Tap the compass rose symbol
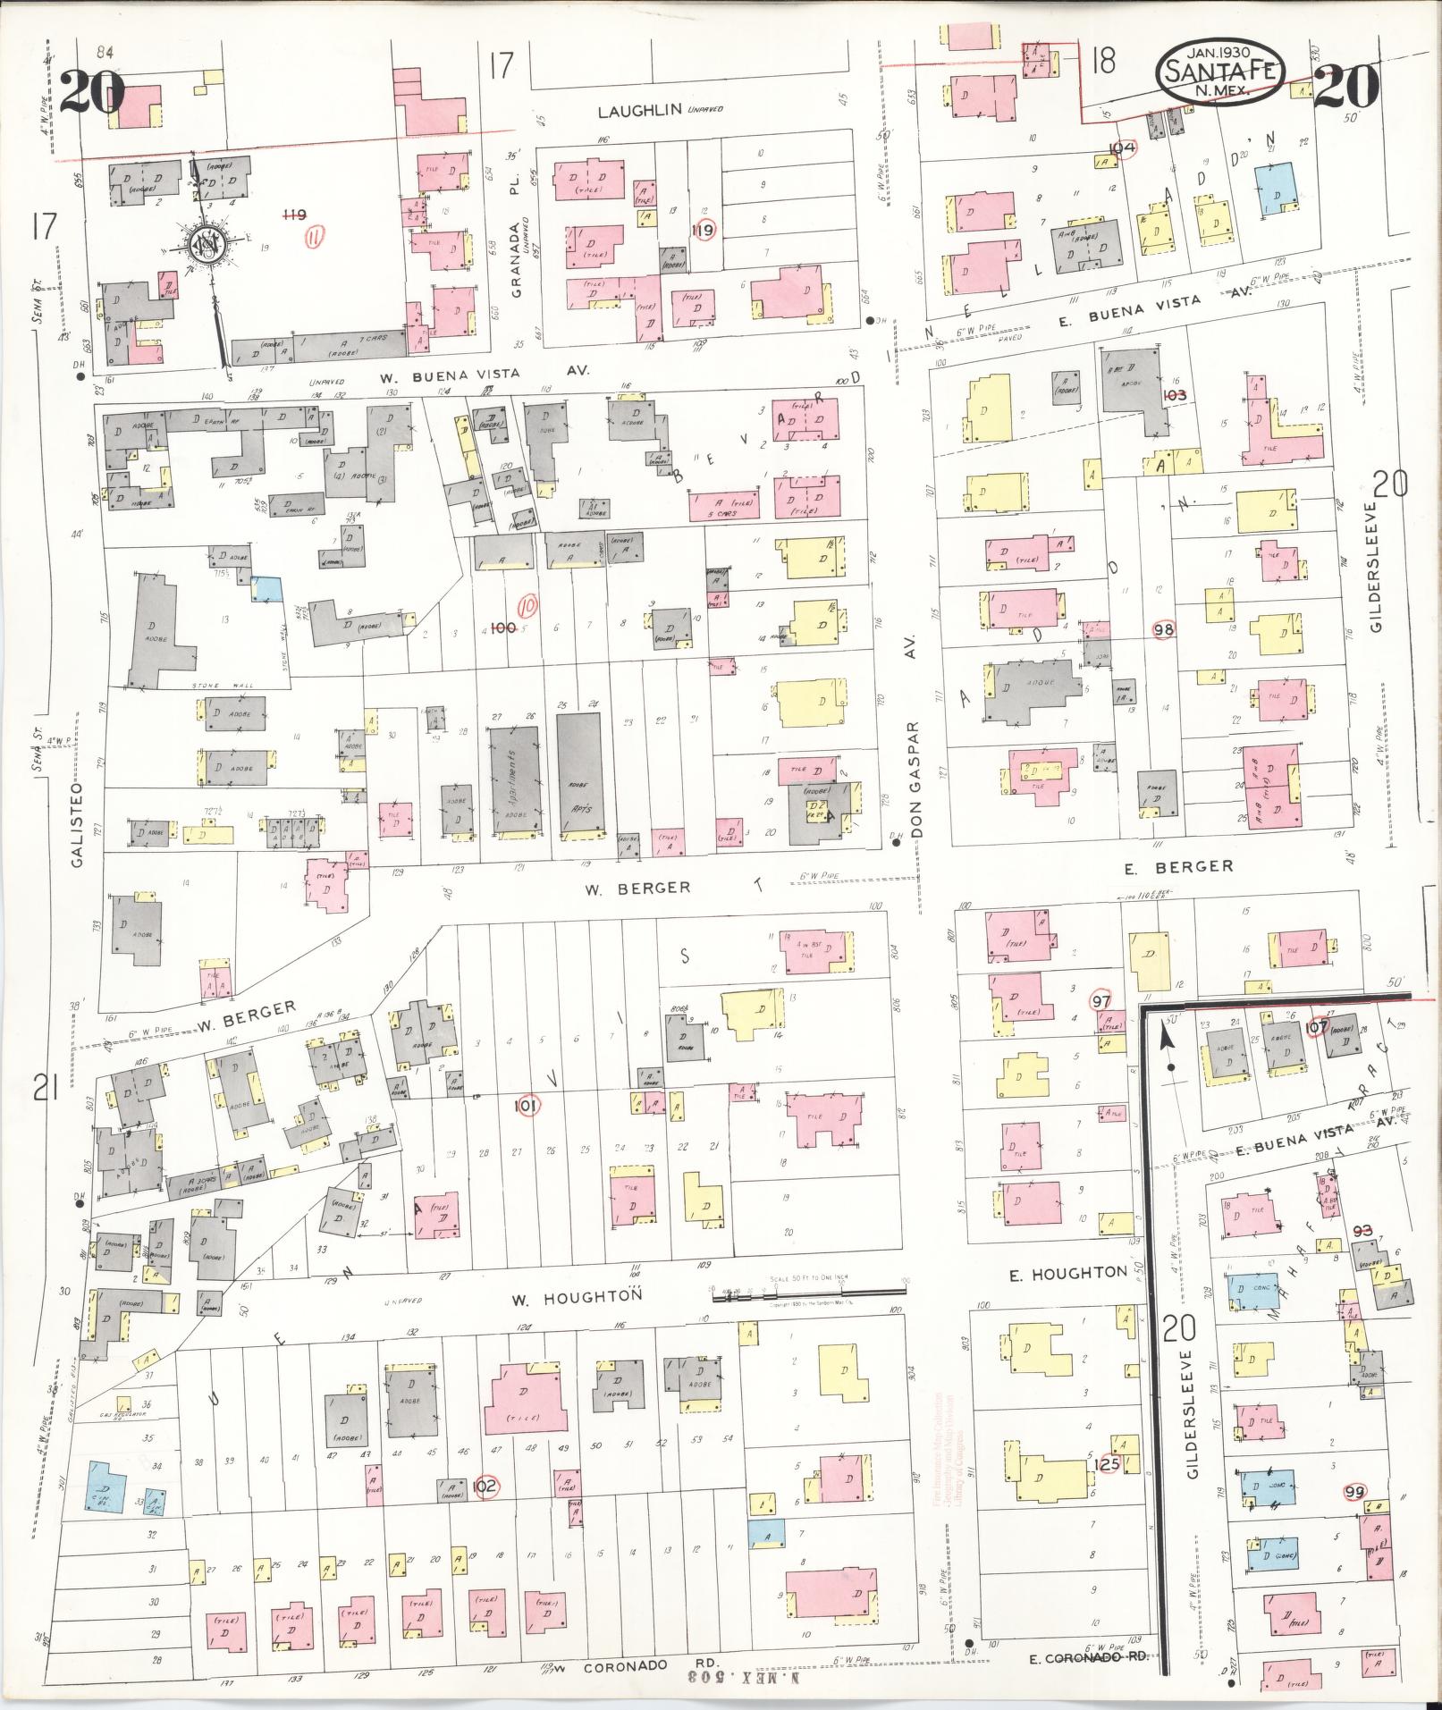[x=204, y=242]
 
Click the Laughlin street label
[x=639, y=112]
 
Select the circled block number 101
[x=528, y=1107]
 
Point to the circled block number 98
[x=1163, y=629]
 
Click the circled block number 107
[x=1317, y=1027]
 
